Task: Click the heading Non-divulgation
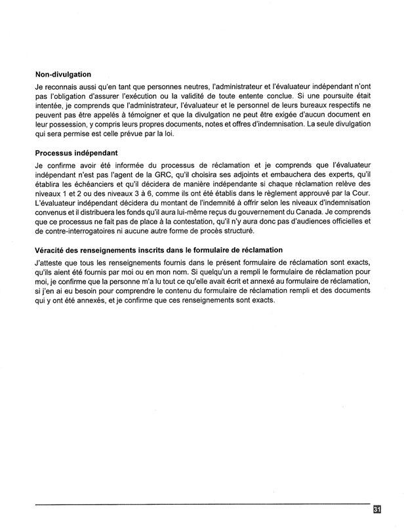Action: coord(63,74)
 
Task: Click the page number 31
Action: coord(378,509)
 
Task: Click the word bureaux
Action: coord(301,104)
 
